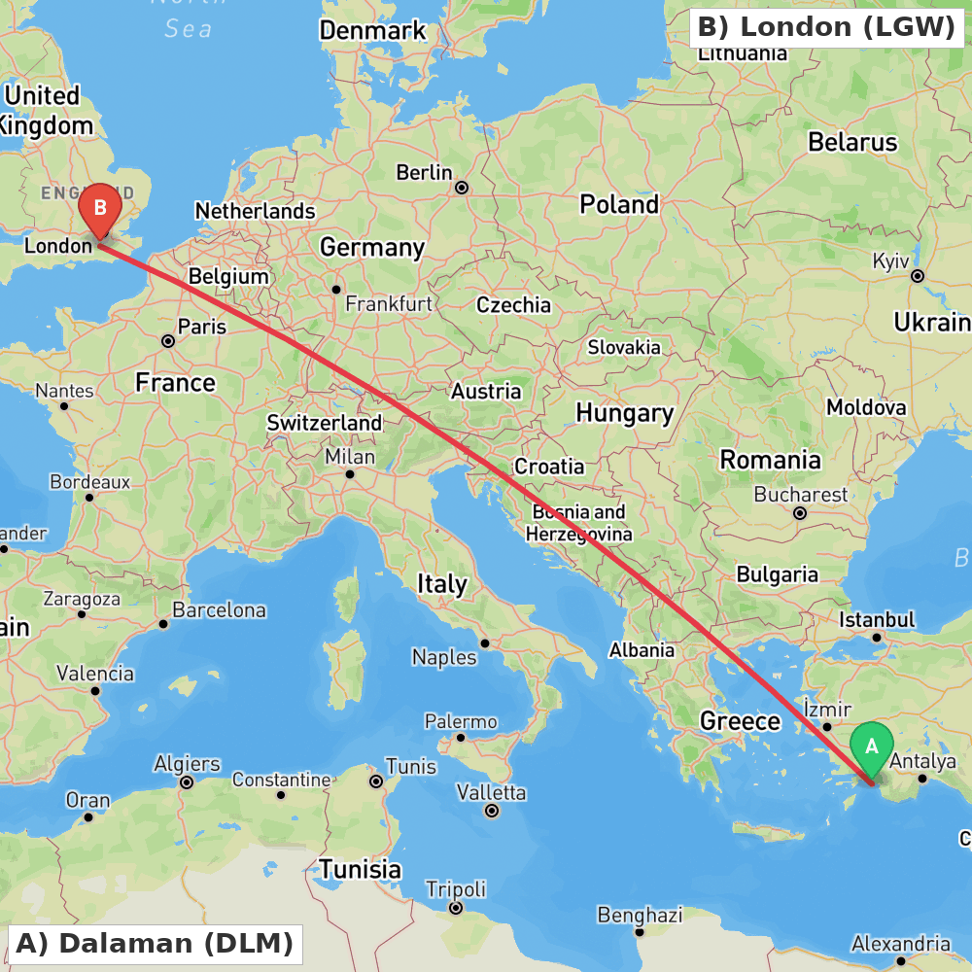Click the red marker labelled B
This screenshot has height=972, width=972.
pos(99,208)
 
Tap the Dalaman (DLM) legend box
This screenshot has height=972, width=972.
pos(155,943)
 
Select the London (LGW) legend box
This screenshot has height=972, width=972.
pos(826,27)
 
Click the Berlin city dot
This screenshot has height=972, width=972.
pos(462,187)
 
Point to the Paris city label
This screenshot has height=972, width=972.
pos(202,327)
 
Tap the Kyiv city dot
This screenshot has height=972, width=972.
pos(917,276)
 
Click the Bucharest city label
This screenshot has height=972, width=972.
pos(801,495)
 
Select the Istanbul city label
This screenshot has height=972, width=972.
pos(877,619)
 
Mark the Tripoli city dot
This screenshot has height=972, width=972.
pos(455,908)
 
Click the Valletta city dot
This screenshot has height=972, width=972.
pos(492,811)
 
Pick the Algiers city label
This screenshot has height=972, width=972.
pos(187,765)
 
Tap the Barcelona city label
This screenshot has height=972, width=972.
pos(220,610)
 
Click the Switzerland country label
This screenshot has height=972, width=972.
pos(325,424)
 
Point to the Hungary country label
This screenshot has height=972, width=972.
pos(624,413)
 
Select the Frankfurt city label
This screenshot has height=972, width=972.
pos(389,304)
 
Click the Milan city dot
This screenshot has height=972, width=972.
pos(350,474)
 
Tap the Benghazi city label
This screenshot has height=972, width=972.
pos(640,915)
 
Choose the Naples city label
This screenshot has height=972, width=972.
pos(444,657)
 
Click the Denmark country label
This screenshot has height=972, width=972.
pos(372,31)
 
